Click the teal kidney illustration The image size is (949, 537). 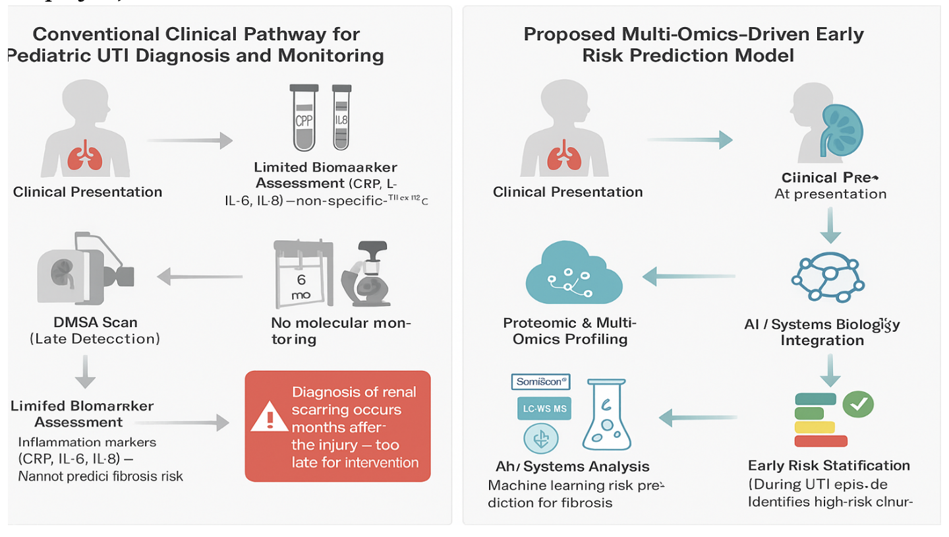click(839, 125)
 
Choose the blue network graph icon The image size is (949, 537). click(828, 274)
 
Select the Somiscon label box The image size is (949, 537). click(540, 381)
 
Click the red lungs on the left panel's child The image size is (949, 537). click(83, 156)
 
